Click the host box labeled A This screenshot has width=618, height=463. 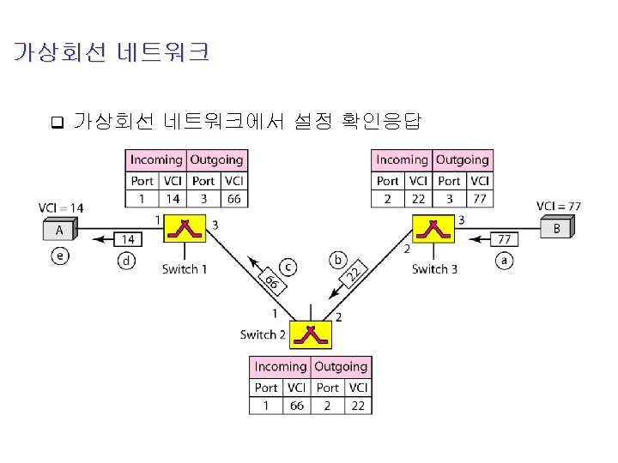click(x=60, y=229)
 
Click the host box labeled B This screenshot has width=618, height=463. click(x=556, y=228)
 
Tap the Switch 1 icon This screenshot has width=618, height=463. click(x=185, y=231)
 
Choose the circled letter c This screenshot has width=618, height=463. click(x=289, y=267)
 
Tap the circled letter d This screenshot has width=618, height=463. click(x=127, y=261)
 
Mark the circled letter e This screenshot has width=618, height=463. click(x=59, y=256)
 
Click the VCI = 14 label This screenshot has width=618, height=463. click(x=61, y=207)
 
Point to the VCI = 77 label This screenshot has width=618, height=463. click(x=559, y=206)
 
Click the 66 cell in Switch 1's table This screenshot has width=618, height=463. click(x=233, y=199)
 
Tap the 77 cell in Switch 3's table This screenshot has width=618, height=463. click(x=480, y=199)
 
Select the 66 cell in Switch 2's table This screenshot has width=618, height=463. click(x=297, y=405)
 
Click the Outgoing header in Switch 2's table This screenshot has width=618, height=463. click(x=341, y=367)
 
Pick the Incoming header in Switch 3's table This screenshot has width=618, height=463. click(x=402, y=159)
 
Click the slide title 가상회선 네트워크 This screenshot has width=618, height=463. click(x=111, y=53)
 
